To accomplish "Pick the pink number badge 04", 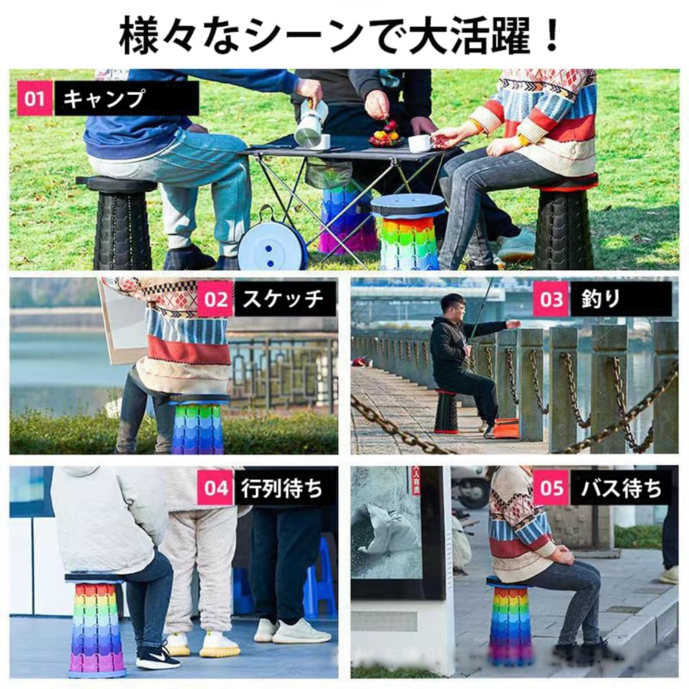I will [216, 488].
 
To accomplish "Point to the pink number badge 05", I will [551, 488].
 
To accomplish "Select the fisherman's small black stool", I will [446, 412].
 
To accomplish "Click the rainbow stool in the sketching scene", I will [197, 426].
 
